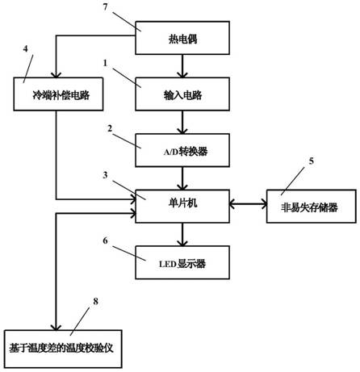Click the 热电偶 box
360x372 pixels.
[182, 38]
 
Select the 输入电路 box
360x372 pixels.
[182, 94]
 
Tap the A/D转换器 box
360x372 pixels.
[182, 150]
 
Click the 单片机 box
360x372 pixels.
[182, 207]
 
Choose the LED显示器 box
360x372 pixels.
[182, 262]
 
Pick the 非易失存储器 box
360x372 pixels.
[312, 207]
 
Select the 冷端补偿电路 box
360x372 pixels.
[58, 94]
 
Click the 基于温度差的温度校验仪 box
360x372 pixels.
[63, 349]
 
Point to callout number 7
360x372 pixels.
[105, 7]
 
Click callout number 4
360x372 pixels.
[26, 49]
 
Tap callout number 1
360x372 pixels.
[105, 63]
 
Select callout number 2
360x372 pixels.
[110, 128]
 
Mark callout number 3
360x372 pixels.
[105, 175]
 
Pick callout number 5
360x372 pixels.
[312, 161]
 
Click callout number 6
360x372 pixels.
[105, 240]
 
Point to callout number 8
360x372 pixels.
[96, 302]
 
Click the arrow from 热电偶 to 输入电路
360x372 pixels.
[182, 66]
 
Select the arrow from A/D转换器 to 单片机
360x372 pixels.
[182, 178]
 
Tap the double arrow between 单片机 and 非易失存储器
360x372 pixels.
[248, 204]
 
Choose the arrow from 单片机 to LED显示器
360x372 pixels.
[182, 235]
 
